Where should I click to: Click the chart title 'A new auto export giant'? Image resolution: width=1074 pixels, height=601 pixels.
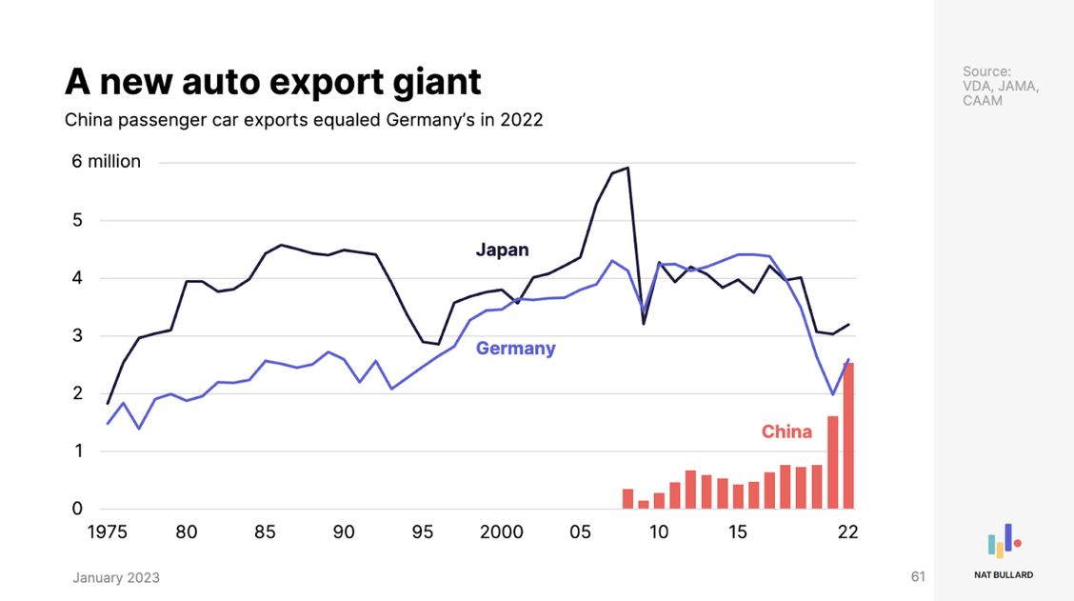(x=272, y=82)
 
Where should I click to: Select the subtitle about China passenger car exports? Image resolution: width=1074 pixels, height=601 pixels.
(x=303, y=121)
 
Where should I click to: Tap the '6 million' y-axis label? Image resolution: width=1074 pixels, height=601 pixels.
(x=106, y=162)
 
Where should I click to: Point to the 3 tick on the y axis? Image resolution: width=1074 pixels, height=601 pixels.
(x=77, y=336)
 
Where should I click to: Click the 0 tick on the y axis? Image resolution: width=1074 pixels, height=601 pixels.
(x=77, y=509)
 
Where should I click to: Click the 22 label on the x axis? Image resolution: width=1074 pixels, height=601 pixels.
(x=847, y=532)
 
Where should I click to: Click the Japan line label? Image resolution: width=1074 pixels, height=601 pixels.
(x=502, y=250)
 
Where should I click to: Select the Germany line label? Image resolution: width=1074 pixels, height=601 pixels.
(x=515, y=349)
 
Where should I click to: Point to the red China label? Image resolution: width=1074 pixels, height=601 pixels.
(x=786, y=432)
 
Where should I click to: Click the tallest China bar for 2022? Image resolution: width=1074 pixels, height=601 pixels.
(x=847, y=435)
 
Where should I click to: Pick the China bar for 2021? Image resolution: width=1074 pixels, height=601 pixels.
(x=832, y=462)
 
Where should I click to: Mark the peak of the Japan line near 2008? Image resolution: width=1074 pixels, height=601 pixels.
(x=627, y=169)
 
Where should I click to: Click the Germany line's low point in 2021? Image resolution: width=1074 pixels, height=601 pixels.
(x=832, y=394)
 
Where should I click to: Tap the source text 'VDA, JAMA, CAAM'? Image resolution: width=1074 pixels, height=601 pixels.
(x=1001, y=86)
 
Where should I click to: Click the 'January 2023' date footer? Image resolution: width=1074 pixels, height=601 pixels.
(x=116, y=578)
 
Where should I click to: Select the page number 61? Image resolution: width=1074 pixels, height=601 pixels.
(x=918, y=577)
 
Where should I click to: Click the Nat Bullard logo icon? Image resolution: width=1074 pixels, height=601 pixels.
(x=1004, y=540)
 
